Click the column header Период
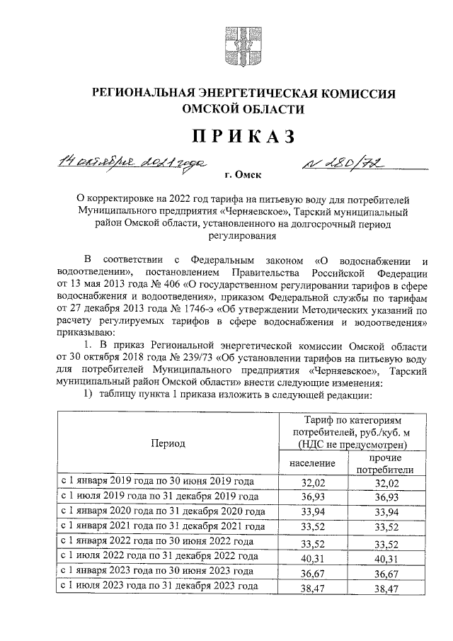(167, 443)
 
